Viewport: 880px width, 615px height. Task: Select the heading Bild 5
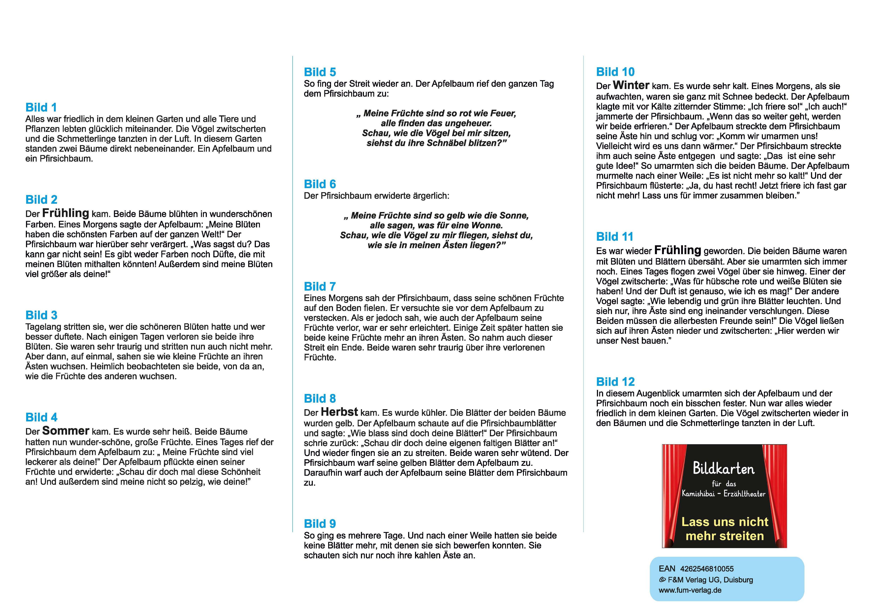(x=320, y=72)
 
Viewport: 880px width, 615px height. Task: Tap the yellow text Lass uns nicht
(x=724, y=522)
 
